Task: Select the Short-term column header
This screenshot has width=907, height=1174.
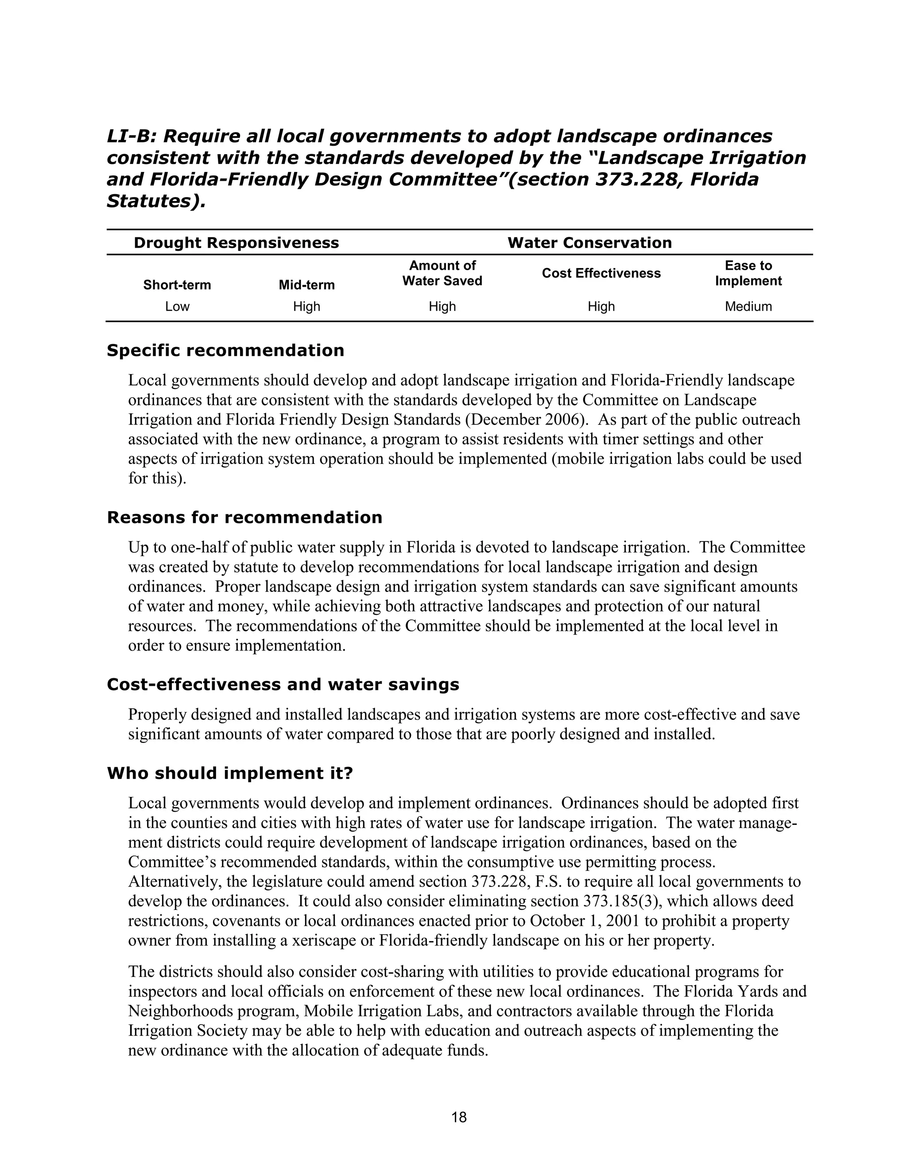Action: coord(177,285)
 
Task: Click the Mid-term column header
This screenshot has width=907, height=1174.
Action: coord(306,285)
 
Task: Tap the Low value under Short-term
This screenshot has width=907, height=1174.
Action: coord(177,307)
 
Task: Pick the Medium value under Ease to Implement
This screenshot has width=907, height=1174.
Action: coord(748,307)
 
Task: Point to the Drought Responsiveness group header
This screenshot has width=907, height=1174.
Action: coord(236,243)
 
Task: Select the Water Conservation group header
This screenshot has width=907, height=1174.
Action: coord(589,243)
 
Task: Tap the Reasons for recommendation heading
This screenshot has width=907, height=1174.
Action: coord(244,517)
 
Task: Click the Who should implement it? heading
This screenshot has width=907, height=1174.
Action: coord(230,774)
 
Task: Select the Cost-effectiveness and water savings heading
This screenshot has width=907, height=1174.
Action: coord(283,685)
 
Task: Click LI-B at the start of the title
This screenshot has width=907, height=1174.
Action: coord(131,136)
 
